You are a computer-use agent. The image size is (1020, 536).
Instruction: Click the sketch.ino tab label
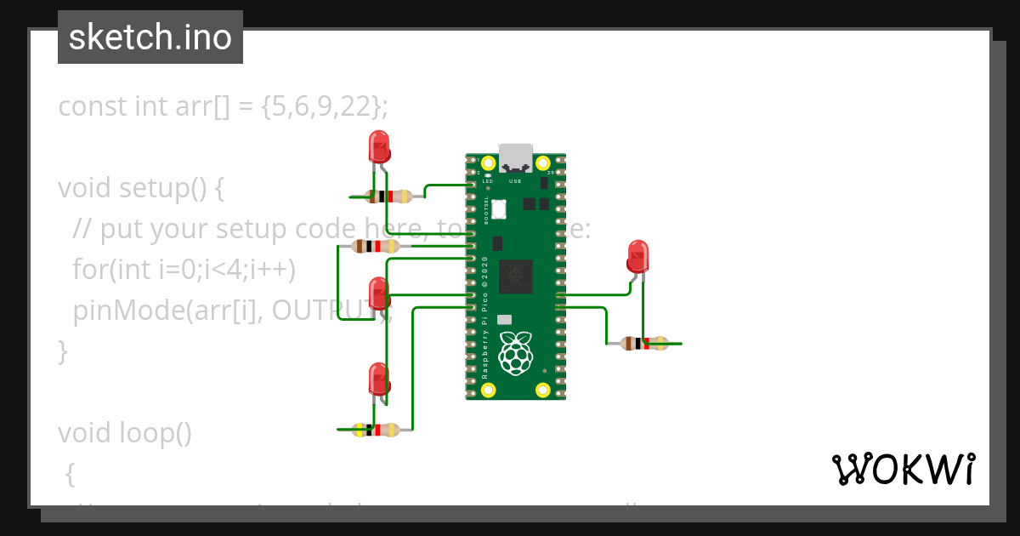(x=150, y=37)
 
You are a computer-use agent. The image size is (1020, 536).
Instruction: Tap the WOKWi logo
(x=903, y=470)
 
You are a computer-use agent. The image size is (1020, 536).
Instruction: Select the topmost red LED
(x=378, y=146)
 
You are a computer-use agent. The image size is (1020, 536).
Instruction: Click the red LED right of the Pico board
(x=637, y=256)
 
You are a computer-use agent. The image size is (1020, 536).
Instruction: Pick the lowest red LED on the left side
(x=378, y=379)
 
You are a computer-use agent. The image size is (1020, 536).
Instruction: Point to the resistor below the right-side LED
(x=643, y=344)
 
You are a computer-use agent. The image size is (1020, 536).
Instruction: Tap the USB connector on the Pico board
(x=515, y=158)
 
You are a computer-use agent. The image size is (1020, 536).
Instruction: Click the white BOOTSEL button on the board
(x=499, y=208)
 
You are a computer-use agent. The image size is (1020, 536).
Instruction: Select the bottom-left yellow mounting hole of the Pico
(x=488, y=391)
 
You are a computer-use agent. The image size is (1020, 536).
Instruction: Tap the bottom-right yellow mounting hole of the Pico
(x=542, y=391)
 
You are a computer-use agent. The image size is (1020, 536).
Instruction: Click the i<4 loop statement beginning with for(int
(x=184, y=270)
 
